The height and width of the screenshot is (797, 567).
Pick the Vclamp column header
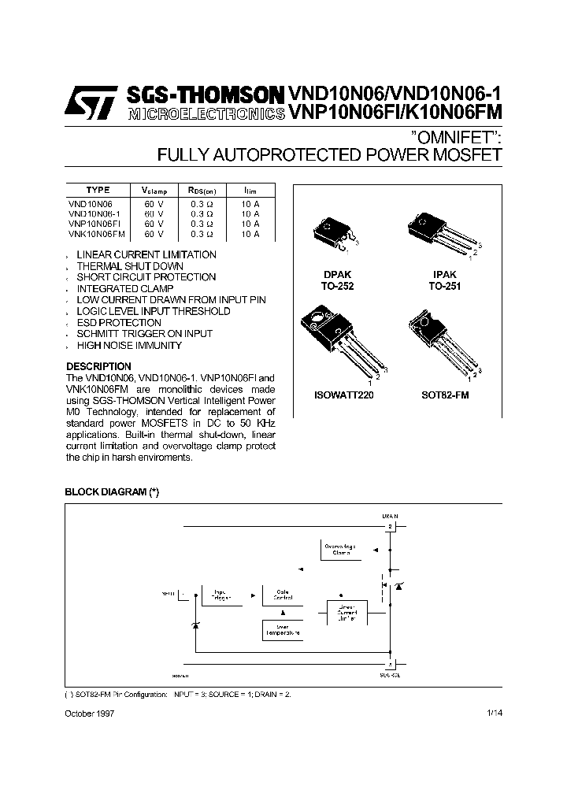click(x=154, y=191)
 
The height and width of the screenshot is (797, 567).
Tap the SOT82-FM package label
click(x=445, y=395)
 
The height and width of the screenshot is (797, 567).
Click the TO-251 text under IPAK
click(x=445, y=287)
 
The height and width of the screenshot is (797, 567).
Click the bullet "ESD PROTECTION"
click(x=118, y=323)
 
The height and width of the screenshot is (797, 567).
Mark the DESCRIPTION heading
click(x=98, y=366)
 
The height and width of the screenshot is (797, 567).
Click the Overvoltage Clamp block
click(x=339, y=550)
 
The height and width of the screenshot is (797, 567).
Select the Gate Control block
click(x=283, y=595)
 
